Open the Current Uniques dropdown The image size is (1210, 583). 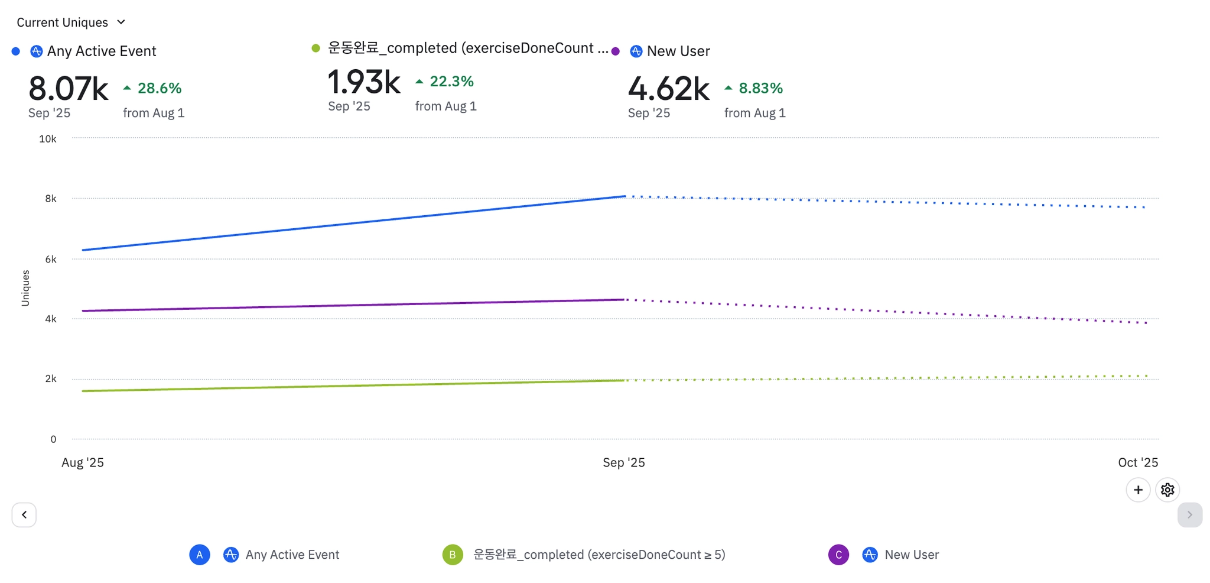click(x=71, y=22)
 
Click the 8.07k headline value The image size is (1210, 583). click(x=69, y=89)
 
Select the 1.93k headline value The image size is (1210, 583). click(x=364, y=82)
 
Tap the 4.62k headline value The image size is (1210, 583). click(x=668, y=89)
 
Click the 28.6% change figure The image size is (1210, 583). click(x=159, y=88)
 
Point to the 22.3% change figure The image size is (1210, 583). click(x=451, y=82)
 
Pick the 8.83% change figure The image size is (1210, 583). click(x=760, y=88)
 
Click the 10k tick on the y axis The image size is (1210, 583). click(x=48, y=139)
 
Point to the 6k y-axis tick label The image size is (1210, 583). click(x=51, y=259)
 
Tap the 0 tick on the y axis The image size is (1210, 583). click(x=53, y=439)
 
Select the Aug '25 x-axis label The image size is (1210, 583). click(x=83, y=462)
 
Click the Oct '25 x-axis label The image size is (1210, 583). click(x=1138, y=462)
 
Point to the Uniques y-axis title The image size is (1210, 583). click(x=25, y=288)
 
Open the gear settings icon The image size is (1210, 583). click(x=1167, y=490)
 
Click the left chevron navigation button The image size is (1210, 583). click(x=24, y=514)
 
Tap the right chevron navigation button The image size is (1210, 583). click(x=1189, y=514)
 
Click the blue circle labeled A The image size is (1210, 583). click(x=200, y=555)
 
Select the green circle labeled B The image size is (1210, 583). click(x=453, y=555)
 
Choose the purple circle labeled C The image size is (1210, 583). click(x=838, y=555)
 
